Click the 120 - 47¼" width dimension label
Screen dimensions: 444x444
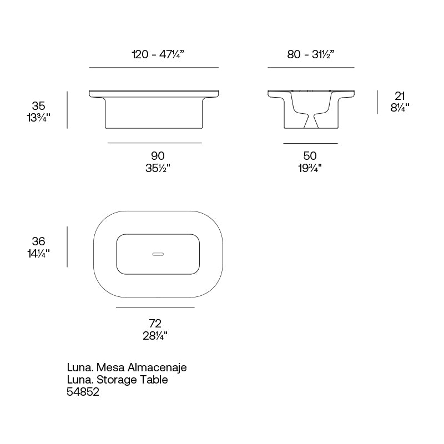[x=158, y=54]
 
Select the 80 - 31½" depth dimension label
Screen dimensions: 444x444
[x=311, y=54]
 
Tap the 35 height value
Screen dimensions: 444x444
[x=38, y=105]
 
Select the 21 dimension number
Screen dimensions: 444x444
[x=400, y=96]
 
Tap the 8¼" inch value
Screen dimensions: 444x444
[x=400, y=108]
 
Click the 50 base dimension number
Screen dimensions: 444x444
[x=310, y=157]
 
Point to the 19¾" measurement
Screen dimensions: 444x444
[x=310, y=168]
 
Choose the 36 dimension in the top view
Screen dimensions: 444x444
[x=38, y=241]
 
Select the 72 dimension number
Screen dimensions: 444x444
[x=155, y=323]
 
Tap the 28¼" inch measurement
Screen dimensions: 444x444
[x=155, y=335]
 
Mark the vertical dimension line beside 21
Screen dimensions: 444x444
[x=377, y=103]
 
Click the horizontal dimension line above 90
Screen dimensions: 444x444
[x=155, y=143]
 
